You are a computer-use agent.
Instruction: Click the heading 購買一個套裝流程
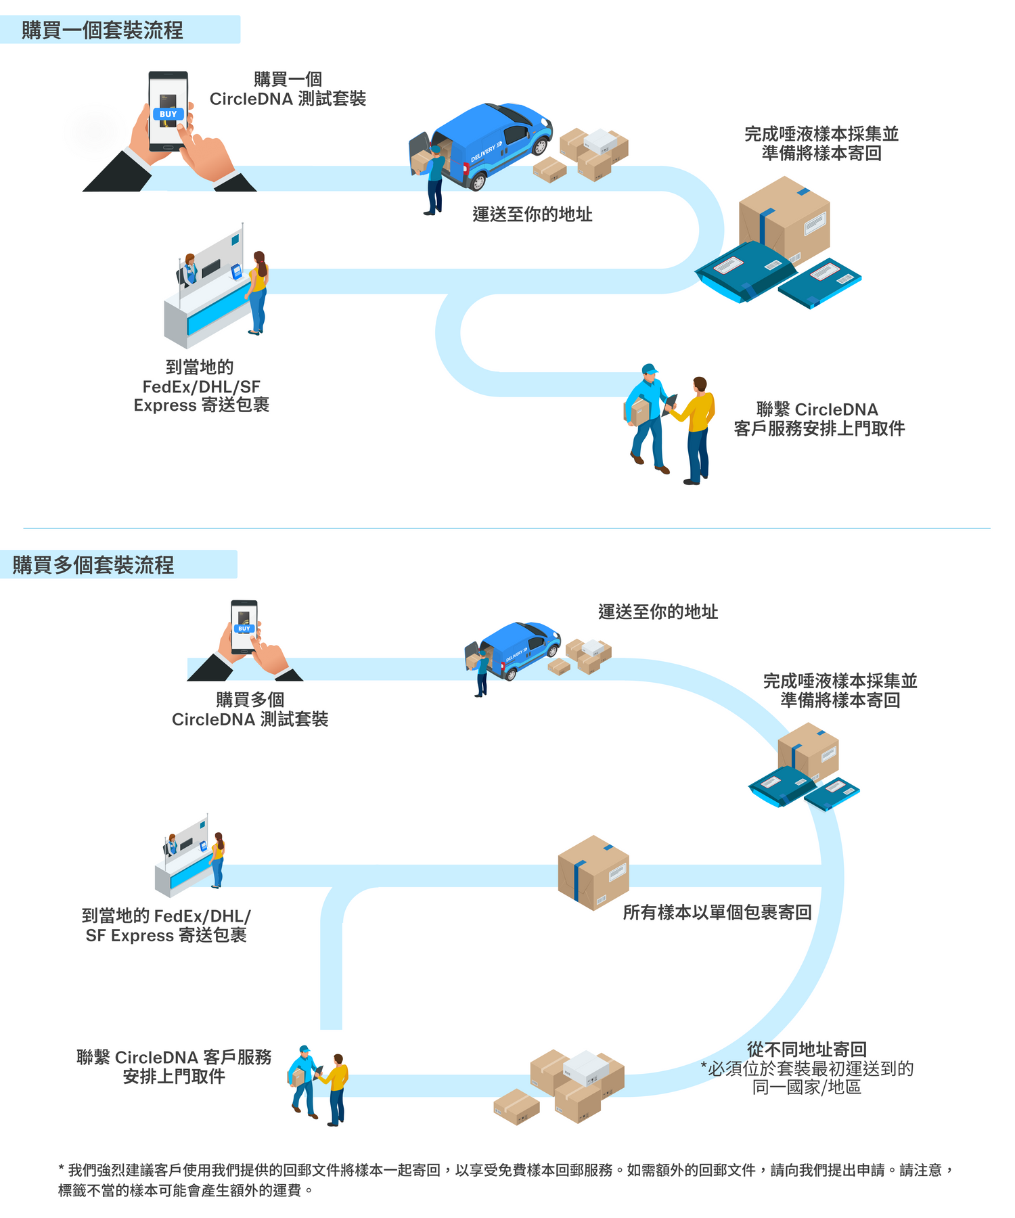click(102, 30)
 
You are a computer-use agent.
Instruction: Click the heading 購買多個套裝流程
click(93, 565)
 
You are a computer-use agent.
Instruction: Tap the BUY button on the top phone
click(168, 114)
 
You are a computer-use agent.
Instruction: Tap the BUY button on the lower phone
click(244, 629)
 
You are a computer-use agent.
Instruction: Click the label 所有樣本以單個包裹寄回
click(717, 912)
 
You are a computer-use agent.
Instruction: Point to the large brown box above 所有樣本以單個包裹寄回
click(593, 873)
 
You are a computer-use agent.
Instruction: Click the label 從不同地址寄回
click(807, 1050)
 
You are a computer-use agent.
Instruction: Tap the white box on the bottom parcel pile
click(585, 1067)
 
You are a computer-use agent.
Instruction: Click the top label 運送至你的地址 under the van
click(532, 215)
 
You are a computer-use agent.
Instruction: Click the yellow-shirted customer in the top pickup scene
click(698, 430)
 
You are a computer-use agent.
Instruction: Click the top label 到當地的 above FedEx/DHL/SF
click(200, 367)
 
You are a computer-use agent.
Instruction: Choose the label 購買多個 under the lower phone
click(250, 700)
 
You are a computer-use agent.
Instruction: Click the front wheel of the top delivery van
click(478, 181)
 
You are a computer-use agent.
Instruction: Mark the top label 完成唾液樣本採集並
click(821, 134)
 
